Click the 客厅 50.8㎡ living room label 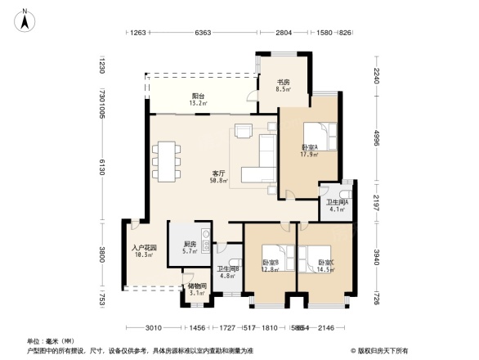point(219,177)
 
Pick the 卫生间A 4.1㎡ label point(338,205)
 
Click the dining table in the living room point(168,160)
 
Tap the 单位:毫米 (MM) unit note point(46,341)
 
